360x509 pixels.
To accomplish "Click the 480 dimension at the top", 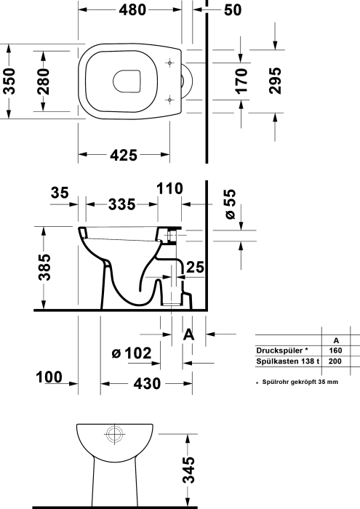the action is point(132,10).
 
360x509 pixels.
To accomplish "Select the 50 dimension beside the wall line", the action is point(233,10).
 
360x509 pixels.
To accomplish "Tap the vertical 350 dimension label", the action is point(9,81).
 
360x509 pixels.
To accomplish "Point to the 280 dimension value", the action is point(43,81).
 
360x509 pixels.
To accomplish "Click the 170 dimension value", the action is point(241,81).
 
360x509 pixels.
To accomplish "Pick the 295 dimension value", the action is point(276,81).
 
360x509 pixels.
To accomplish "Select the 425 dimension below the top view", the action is point(124,156).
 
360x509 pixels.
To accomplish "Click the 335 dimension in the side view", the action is point(121,204).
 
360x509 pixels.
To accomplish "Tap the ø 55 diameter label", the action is point(230,204).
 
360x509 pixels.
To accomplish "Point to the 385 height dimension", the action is point(44,267).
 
